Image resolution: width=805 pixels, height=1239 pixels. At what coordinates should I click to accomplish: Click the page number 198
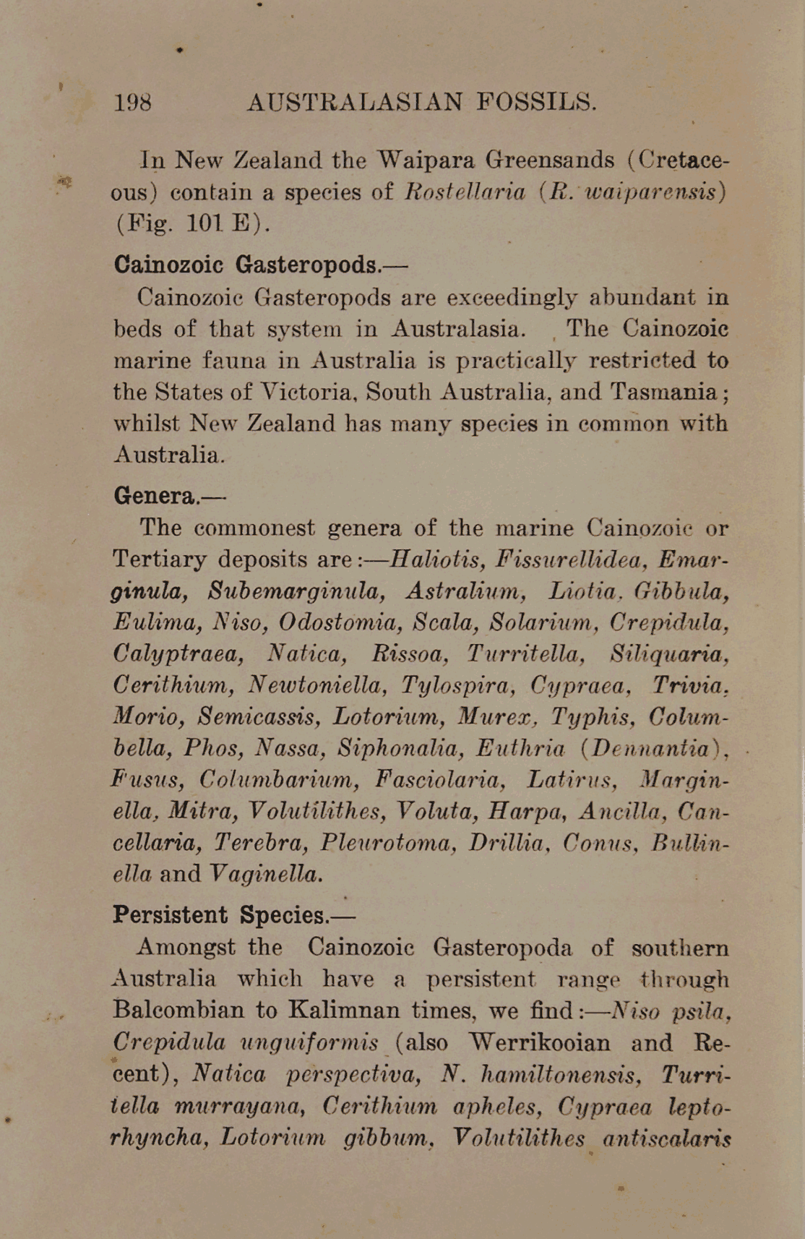click(x=133, y=102)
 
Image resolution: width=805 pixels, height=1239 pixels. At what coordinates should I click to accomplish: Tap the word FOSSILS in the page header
click(x=536, y=102)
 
